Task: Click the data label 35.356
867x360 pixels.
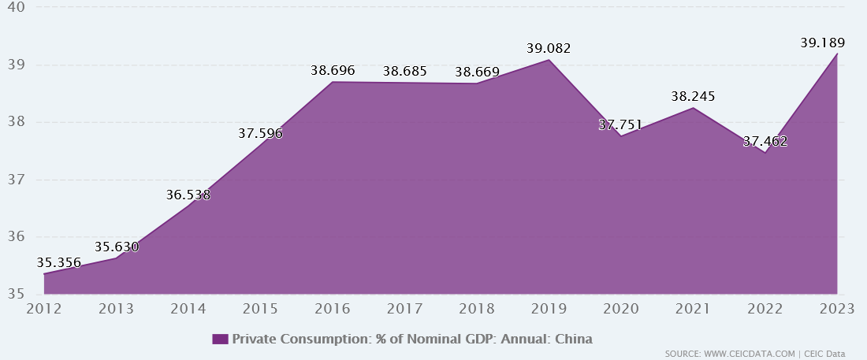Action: tap(59, 262)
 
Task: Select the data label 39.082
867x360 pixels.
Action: tap(549, 49)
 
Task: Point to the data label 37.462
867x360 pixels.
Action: tap(765, 142)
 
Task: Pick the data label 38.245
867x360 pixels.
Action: tap(693, 96)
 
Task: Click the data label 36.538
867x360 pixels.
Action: tap(188, 194)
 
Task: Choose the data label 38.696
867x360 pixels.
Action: tap(333, 70)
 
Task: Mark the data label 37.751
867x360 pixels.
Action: tap(620, 124)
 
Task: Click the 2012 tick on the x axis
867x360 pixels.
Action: tap(44, 310)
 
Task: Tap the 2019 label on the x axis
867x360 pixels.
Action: tap(549, 310)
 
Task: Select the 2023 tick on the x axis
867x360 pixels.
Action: tap(836, 310)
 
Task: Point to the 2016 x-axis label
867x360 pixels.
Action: tap(333, 310)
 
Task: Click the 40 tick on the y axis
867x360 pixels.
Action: tap(16, 7)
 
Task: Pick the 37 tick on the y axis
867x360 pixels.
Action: tap(16, 180)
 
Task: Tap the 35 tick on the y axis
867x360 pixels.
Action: tap(16, 295)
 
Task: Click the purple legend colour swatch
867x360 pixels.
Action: tap(220, 339)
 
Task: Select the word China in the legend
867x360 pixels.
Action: tap(574, 339)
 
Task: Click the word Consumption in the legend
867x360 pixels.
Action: tap(320, 339)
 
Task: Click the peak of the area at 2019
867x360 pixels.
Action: tap(549, 60)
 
